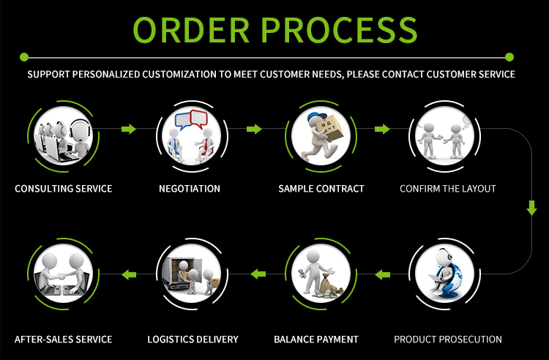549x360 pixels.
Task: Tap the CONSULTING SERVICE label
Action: point(64,189)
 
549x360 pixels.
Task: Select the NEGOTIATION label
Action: point(190,189)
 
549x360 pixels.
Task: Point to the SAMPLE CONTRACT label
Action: point(321,189)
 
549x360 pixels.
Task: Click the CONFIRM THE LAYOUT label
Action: point(448,189)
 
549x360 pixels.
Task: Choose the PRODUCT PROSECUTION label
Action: point(448,340)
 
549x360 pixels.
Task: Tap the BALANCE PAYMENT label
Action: point(316,340)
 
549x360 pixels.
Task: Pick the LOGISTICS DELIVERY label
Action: point(193,340)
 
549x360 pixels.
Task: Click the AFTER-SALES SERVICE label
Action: point(64,340)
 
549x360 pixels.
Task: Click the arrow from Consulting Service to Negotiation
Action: point(129,130)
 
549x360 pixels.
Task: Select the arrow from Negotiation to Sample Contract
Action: point(254,130)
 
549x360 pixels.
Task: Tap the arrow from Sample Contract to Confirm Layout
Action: point(381,130)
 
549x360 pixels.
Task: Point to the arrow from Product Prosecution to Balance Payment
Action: point(382,274)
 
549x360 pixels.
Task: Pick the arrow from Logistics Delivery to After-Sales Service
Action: point(129,274)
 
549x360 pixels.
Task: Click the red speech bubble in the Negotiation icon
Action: point(199,117)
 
